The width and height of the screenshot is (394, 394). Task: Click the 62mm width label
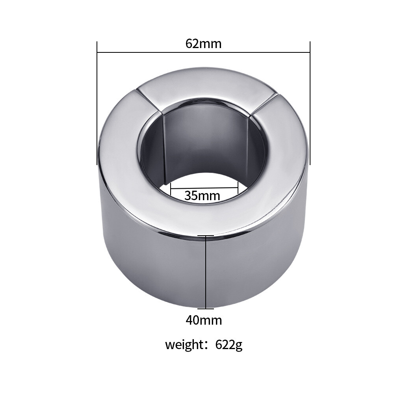coord(203,43)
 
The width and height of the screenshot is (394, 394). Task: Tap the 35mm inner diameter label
coord(202,195)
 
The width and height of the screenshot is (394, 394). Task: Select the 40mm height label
coord(204,320)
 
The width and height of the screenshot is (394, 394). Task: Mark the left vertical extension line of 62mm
coord(97,102)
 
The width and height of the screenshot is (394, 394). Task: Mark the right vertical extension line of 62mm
coord(310,102)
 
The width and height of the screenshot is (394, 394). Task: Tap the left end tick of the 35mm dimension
coord(170,188)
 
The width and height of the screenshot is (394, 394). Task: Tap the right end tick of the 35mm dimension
coord(238,188)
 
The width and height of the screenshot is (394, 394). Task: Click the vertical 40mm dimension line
coord(206,272)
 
